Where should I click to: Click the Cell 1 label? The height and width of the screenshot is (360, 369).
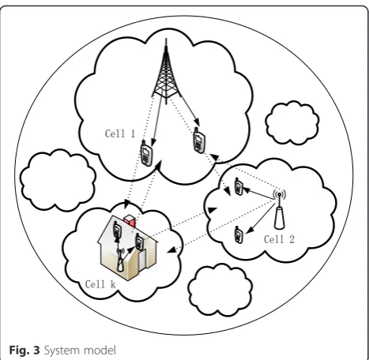(120, 133)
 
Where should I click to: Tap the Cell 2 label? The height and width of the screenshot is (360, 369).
(279, 239)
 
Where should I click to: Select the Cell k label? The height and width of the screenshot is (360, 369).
(100, 284)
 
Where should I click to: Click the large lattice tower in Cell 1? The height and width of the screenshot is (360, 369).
(166, 73)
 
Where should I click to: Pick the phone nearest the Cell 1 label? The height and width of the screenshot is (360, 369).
(146, 154)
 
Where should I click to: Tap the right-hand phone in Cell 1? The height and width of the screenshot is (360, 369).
(199, 141)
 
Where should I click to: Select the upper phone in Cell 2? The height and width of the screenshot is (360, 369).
(239, 186)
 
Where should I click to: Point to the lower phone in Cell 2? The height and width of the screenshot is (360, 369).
(239, 234)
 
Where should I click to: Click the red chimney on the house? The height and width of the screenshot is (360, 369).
(130, 220)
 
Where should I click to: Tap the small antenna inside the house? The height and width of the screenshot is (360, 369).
(120, 260)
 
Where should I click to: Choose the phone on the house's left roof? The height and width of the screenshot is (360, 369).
(117, 230)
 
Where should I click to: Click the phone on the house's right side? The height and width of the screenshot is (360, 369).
(139, 242)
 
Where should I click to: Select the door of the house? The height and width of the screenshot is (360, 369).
(142, 260)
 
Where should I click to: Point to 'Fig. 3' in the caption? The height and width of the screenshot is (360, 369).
(24, 351)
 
